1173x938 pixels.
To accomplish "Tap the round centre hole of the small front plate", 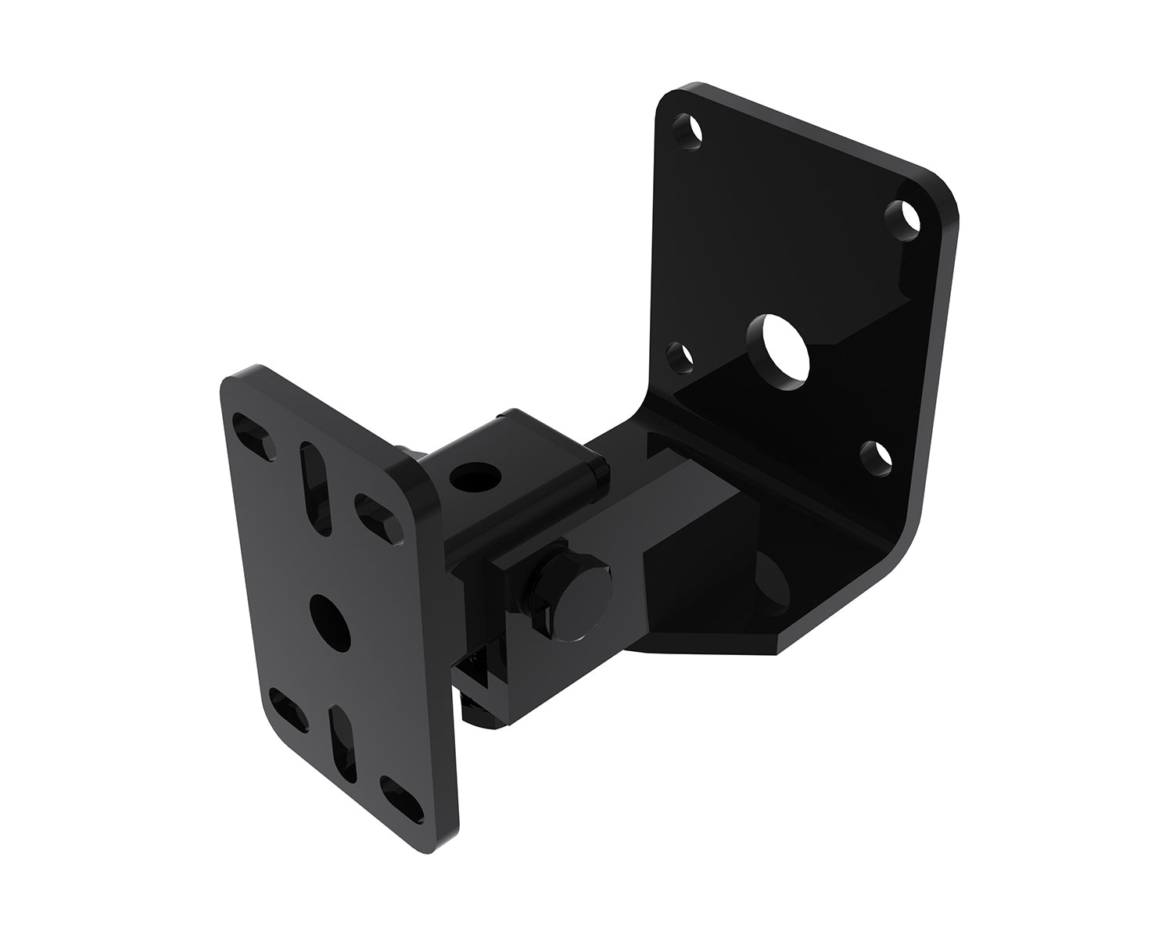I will tap(328, 616).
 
